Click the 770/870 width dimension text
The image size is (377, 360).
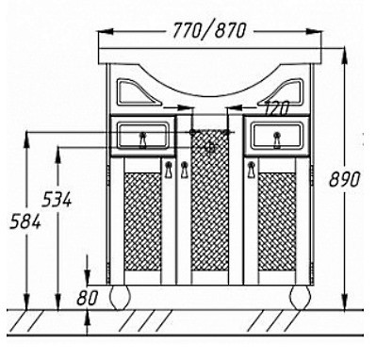click(209, 31)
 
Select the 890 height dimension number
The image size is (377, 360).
click(344, 180)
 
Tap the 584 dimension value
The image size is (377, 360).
click(25, 222)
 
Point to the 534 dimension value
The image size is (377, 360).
click(57, 200)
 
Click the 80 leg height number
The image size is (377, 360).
click(88, 298)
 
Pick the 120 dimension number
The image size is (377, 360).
click(276, 108)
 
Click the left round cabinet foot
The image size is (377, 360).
click(120, 298)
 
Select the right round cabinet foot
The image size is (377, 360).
click(300, 298)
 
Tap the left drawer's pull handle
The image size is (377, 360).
click(143, 140)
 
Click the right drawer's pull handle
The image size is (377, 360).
click(277, 140)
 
